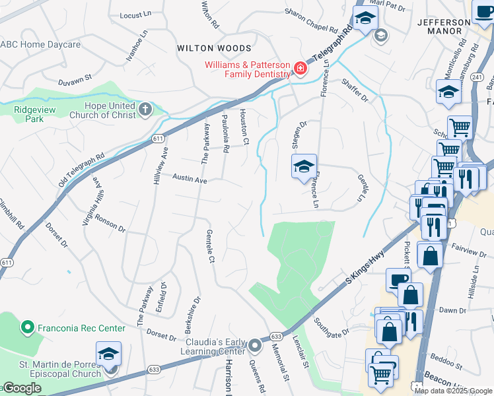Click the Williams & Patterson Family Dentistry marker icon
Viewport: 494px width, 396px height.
[x=300, y=69]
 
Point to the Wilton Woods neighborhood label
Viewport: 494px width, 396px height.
[x=214, y=48]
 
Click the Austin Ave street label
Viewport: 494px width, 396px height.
[x=190, y=179]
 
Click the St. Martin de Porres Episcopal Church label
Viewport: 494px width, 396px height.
[x=60, y=368]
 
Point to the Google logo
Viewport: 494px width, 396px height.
[x=22, y=388]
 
